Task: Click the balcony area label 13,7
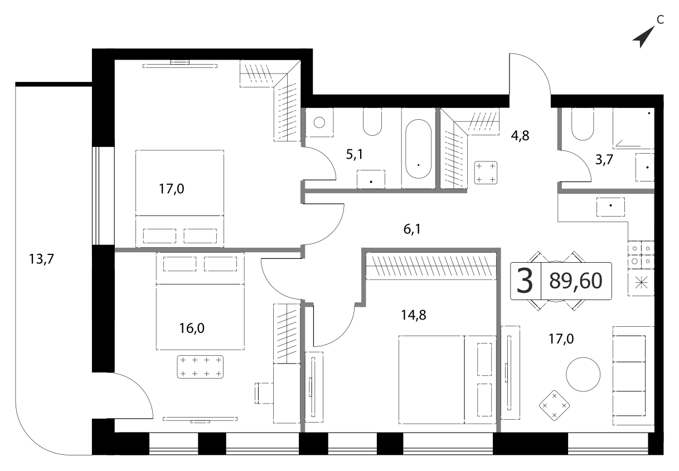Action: [x=41, y=259]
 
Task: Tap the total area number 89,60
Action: [x=576, y=281]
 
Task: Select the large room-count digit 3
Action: [x=525, y=282]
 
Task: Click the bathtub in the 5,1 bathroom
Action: [x=419, y=149]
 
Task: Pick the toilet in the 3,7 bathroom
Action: [x=583, y=124]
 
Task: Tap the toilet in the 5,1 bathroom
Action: [x=372, y=122]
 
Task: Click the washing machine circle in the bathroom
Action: [x=319, y=122]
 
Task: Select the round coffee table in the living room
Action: [x=583, y=374]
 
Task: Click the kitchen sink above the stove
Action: [x=610, y=207]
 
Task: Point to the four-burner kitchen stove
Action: [x=641, y=255]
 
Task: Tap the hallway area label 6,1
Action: [x=413, y=229]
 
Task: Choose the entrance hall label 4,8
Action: [x=520, y=136]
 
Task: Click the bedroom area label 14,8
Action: [x=414, y=315]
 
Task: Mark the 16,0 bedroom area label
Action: [x=192, y=328]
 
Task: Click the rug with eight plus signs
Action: [x=200, y=367]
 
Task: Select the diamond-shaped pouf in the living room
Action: [x=555, y=405]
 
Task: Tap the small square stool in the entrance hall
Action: [x=486, y=173]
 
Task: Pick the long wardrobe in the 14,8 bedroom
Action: [x=431, y=266]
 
